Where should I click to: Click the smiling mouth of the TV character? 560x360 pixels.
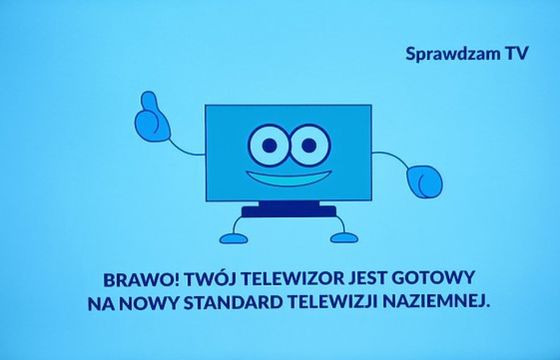283,181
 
